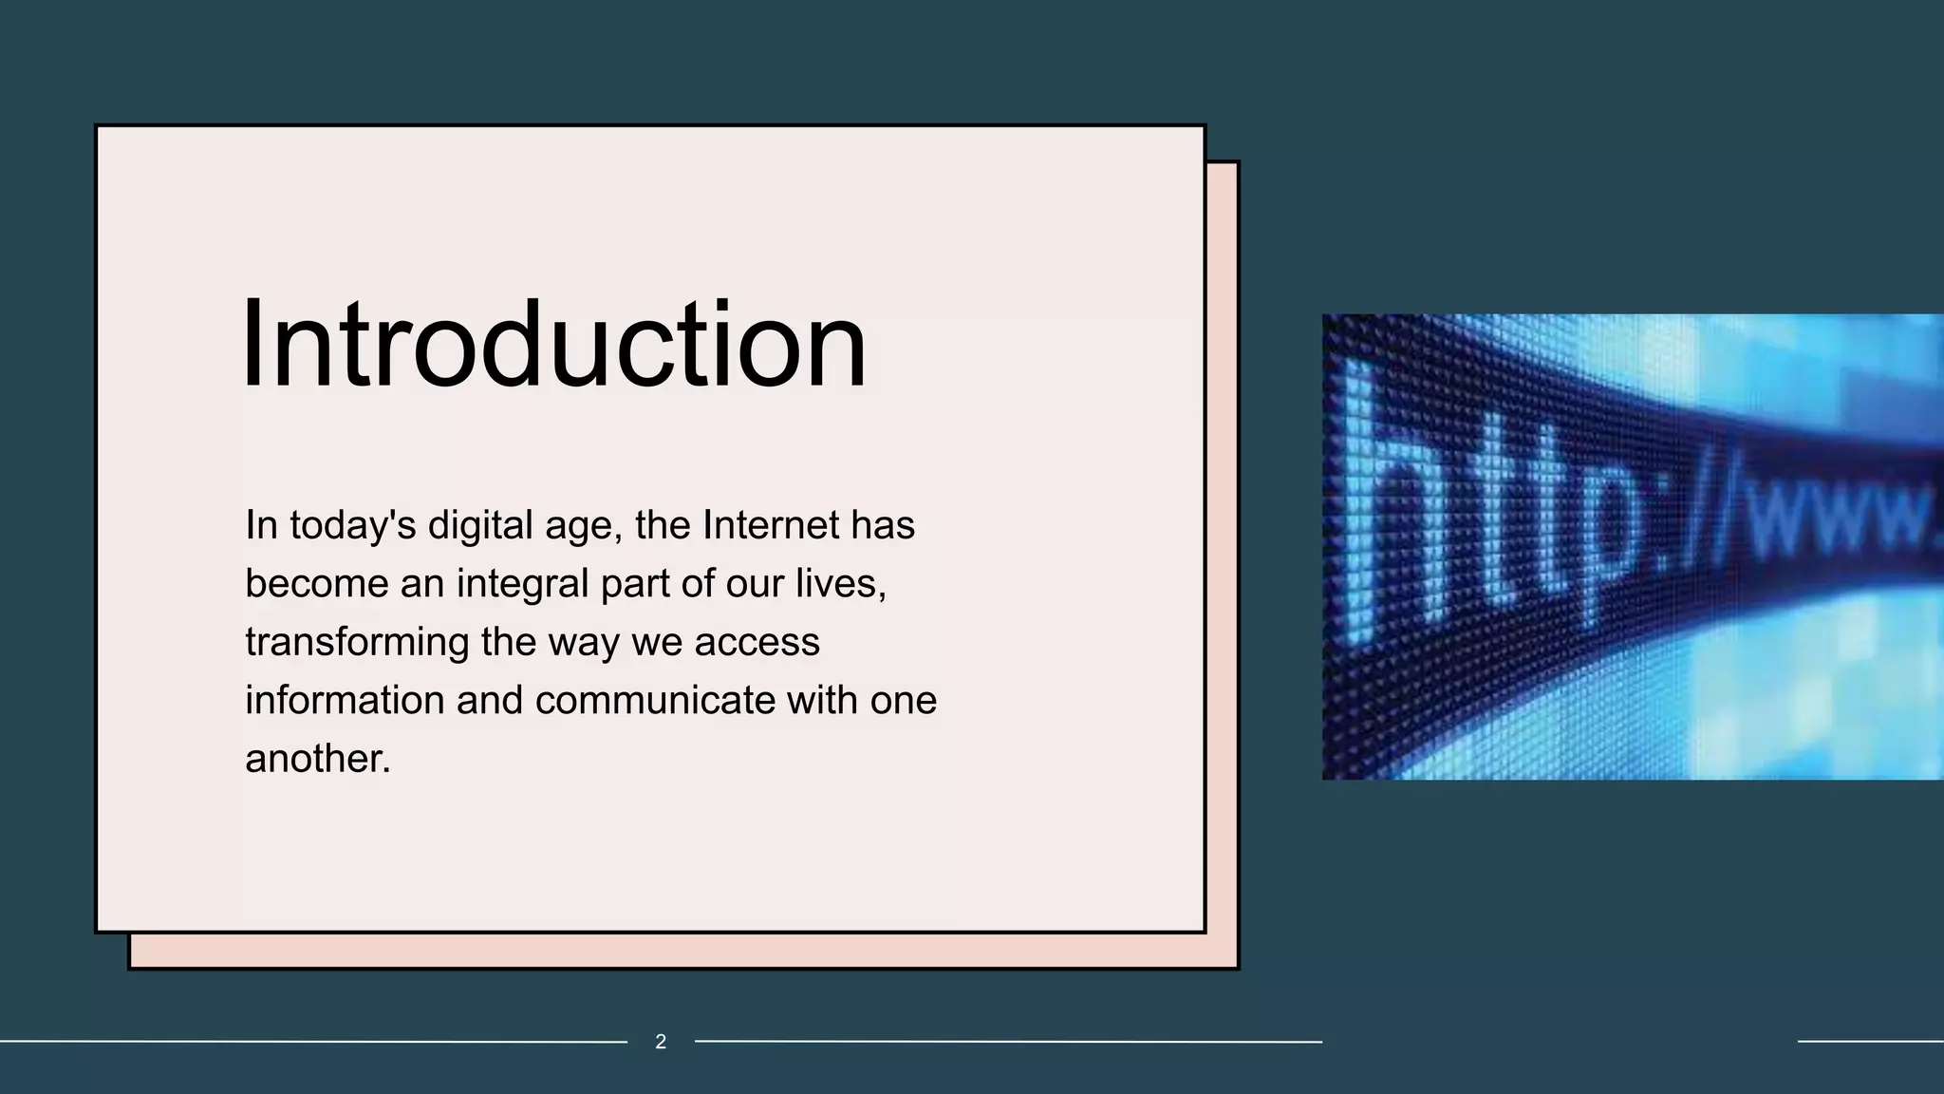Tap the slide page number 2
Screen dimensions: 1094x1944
pyautogui.click(x=661, y=1042)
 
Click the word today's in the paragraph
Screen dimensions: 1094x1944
pyautogui.click(x=352, y=525)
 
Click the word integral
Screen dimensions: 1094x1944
pyautogui.click(x=523, y=583)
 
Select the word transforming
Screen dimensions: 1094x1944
pyautogui.click(x=357, y=642)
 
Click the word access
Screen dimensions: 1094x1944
pyautogui.click(x=757, y=642)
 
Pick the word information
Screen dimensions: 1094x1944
pyautogui.click(x=345, y=700)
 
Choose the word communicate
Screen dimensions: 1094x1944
pyautogui.click(x=655, y=700)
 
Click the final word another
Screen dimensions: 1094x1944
pyautogui.click(x=316, y=759)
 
